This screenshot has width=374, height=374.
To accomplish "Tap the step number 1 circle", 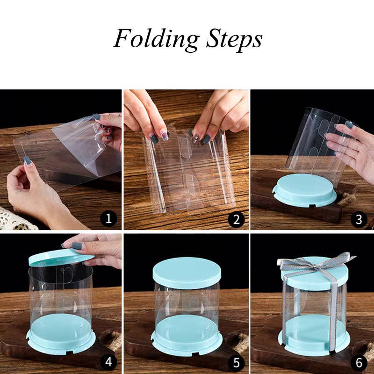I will coord(109,218).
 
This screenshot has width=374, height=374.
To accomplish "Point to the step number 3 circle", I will coord(359,218).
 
